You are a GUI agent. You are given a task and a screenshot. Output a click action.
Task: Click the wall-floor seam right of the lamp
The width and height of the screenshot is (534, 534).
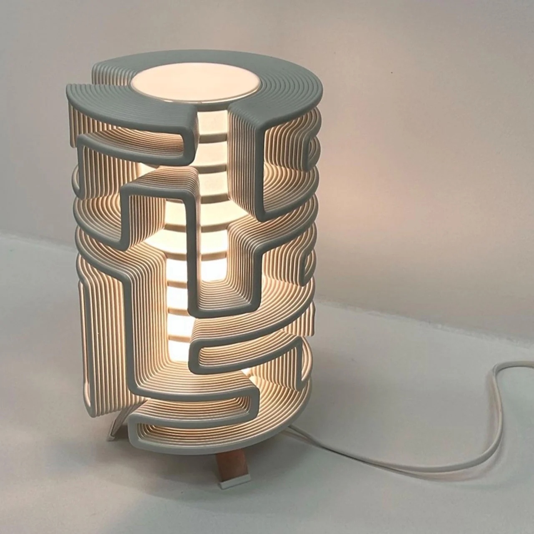point(417,309)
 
